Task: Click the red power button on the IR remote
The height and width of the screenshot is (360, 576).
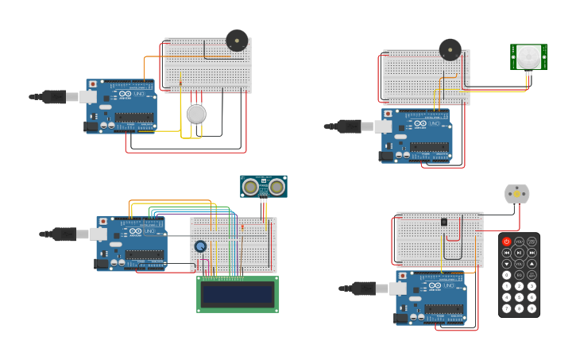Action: pyautogui.click(x=506, y=242)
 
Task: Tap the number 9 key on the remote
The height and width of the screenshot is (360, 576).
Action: pyautogui.click(x=532, y=308)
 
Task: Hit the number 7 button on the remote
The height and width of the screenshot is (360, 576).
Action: pyautogui.click(x=506, y=308)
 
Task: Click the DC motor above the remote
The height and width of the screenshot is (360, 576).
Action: pyautogui.click(x=516, y=194)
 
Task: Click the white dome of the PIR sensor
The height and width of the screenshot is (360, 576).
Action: pyautogui.click(x=528, y=56)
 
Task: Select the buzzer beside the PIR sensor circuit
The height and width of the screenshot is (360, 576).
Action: pyautogui.click(x=450, y=49)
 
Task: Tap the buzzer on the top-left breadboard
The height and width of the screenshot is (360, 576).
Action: pyautogui.click(x=237, y=41)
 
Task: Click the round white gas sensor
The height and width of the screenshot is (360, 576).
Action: pyautogui.click(x=196, y=114)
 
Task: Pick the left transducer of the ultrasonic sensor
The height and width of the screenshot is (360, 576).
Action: pyautogui.click(x=251, y=187)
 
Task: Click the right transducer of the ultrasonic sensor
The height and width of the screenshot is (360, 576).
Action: pyautogui.click(x=276, y=187)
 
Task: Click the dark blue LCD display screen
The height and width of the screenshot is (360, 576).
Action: pyautogui.click(x=238, y=294)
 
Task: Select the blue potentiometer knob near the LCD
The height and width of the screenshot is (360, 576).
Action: pyautogui.click(x=201, y=246)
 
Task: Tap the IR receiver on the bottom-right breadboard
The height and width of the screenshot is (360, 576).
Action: pyautogui.click(x=443, y=222)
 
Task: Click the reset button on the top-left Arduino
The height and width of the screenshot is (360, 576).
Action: pyautogui.click(x=93, y=83)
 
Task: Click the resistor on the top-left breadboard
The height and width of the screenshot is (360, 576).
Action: pyautogui.click(x=181, y=82)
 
